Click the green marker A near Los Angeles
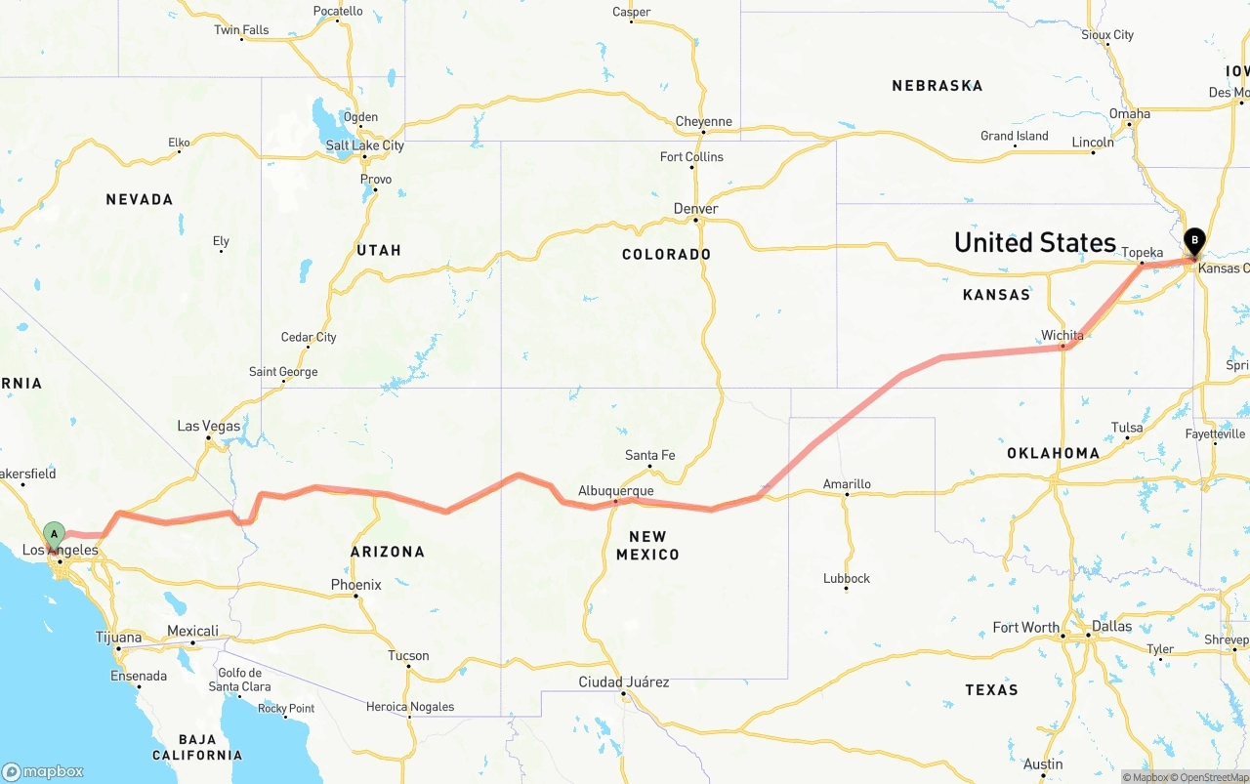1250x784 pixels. click(x=54, y=534)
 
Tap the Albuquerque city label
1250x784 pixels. click(x=615, y=490)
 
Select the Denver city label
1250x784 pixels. click(x=695, y=209)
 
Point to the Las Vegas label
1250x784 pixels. click(x=208, y=426)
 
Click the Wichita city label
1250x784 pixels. click(x=1062, y=335)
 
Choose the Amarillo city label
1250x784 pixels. click(x=847, y=483)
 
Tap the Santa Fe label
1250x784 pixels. click(x=649, y=455)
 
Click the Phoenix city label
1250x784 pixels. click(x=355, y=585)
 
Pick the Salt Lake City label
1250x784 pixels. click(x=364, y=145)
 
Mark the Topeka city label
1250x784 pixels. click(x=1142, y=252)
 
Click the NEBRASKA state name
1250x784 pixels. click(x=937, y=86)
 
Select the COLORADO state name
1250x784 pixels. click(x=666, y=254)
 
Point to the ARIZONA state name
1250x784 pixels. click(x=388, y=552)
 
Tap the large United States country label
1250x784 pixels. click(x=1034, y=242)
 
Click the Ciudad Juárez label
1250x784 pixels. click(x=623, y=681)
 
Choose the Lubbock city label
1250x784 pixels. click(x=846, y=578)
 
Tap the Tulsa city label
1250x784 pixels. click(x=1126, y=428)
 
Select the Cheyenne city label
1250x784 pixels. click(x=703, y=122)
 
